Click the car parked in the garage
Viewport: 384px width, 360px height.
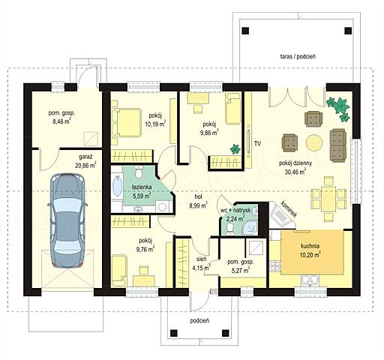coord(67,220)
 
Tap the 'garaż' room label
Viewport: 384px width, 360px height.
coord(85,157)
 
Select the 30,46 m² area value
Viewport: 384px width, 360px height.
coord(295,171)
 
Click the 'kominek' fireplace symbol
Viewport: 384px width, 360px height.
coord(282,215)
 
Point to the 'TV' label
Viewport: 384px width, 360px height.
coord(257,143)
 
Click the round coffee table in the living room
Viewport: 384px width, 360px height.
coord(314,142)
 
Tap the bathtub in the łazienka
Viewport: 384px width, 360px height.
coord(117,186)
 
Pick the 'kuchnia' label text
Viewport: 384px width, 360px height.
coord(310,246)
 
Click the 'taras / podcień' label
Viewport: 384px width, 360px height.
coord(298,56)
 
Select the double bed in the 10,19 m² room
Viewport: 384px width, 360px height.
coord(126,122)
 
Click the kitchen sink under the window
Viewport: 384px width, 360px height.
coord(310,280)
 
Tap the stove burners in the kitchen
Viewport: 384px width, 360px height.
coord(274,265)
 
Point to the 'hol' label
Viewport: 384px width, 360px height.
coord(199,196)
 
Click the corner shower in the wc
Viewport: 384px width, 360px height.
coord(250,227)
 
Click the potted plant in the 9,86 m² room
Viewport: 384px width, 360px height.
coord(235,149)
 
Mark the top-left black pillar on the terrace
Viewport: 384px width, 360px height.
coord(246,31)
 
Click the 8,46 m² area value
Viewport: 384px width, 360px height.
coord(60,121)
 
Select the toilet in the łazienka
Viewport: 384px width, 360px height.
coord(138,172)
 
